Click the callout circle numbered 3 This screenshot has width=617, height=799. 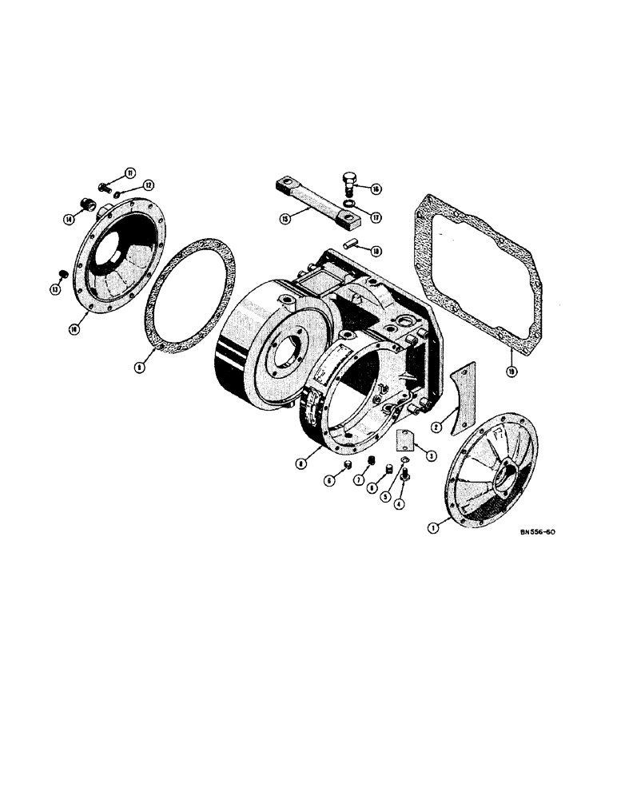(x=430, y=455)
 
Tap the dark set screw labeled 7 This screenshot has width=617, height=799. (x=371, y=461)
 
